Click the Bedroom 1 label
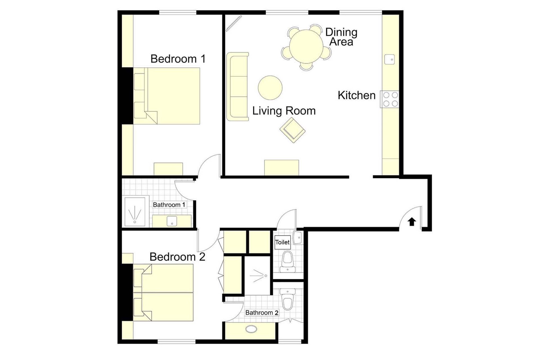[x=178, y=59]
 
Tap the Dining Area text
[x=341, y=37]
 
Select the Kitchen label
[x=356, y=95]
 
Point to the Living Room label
[x=284, y=111]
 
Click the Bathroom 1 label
[x=169, y=205]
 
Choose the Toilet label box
[x=282, y=242]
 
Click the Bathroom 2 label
[x=262, y=313]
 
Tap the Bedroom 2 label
[x=177, y=257]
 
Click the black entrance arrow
[x=412, y=221]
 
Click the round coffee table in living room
[x=270, y=88]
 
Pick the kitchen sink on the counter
[x=389, y=59]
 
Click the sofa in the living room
[x=238, y=86]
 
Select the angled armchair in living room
[x=292, y=130]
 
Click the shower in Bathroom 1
[x=135, y=212]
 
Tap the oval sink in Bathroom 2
[x=251, y=329]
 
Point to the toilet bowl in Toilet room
[x=287, y=260]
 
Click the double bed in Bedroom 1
[x=172, y=96]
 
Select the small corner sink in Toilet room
[x=298, y=238]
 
